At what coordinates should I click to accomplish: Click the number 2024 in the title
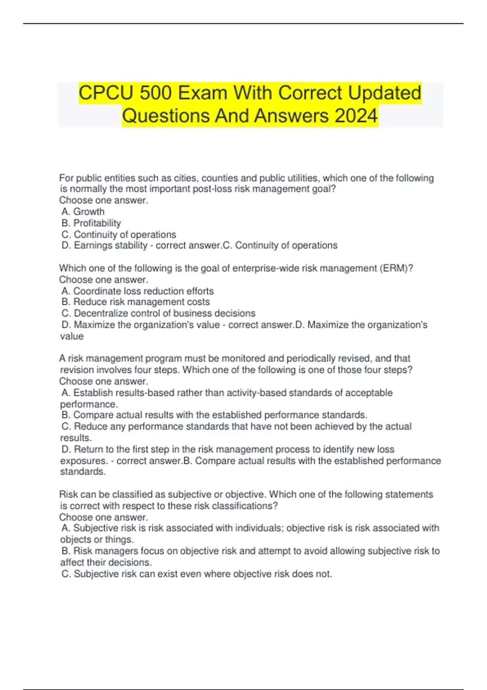pyautogui.click(x=356, y=116)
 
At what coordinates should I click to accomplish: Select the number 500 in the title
pyautogui.click(x=156, y=93)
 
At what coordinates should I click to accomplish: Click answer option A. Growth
pyautogui.click(x=83, y=211)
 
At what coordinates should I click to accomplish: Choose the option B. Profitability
pyautogui.click(x=91, y=223)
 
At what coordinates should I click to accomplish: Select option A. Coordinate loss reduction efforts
pyautogui.click(x=138, y=291)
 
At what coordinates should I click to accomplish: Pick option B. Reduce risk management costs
pyautogui.click(x=136, y=302)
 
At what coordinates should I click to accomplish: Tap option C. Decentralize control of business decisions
pyautogui.click(x=158, y=313)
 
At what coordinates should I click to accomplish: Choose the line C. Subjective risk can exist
pyautogui.click(x=196, y=574)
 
